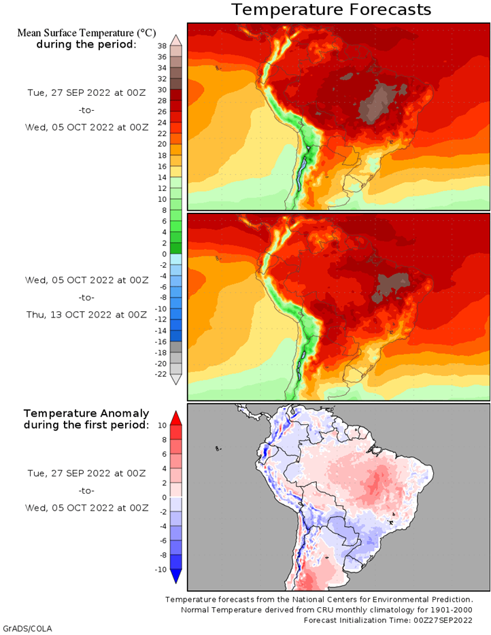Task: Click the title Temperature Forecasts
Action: [331, 10]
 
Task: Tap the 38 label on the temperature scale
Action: [162, 46]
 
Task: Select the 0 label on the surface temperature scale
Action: [164, 254]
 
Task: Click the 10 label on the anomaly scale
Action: [162, 425]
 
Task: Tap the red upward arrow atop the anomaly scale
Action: [175, 417]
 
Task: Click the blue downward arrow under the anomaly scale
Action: [175, 577]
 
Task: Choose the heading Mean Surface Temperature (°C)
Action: [86, 33]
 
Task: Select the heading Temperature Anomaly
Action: [86, 413]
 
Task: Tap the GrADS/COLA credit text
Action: [27, 628]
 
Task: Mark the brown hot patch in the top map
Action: [378, 102]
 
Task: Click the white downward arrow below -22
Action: [175, 380]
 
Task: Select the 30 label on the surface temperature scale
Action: [162, 90]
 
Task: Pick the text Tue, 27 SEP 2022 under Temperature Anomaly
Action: [86, 473]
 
